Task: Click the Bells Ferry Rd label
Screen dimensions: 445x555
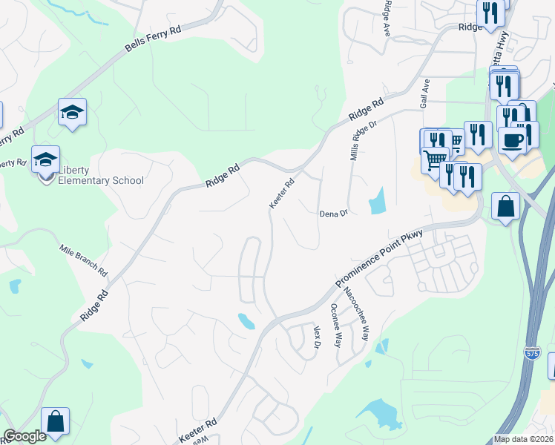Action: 153,40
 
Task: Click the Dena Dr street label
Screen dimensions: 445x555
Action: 333,214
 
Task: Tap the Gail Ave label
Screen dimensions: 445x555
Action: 427,93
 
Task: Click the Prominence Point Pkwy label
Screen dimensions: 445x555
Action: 378,259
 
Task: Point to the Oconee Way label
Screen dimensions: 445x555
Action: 335,326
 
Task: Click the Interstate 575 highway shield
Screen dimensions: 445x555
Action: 531,355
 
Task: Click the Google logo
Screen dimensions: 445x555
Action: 25,437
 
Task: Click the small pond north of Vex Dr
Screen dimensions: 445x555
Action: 246,320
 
